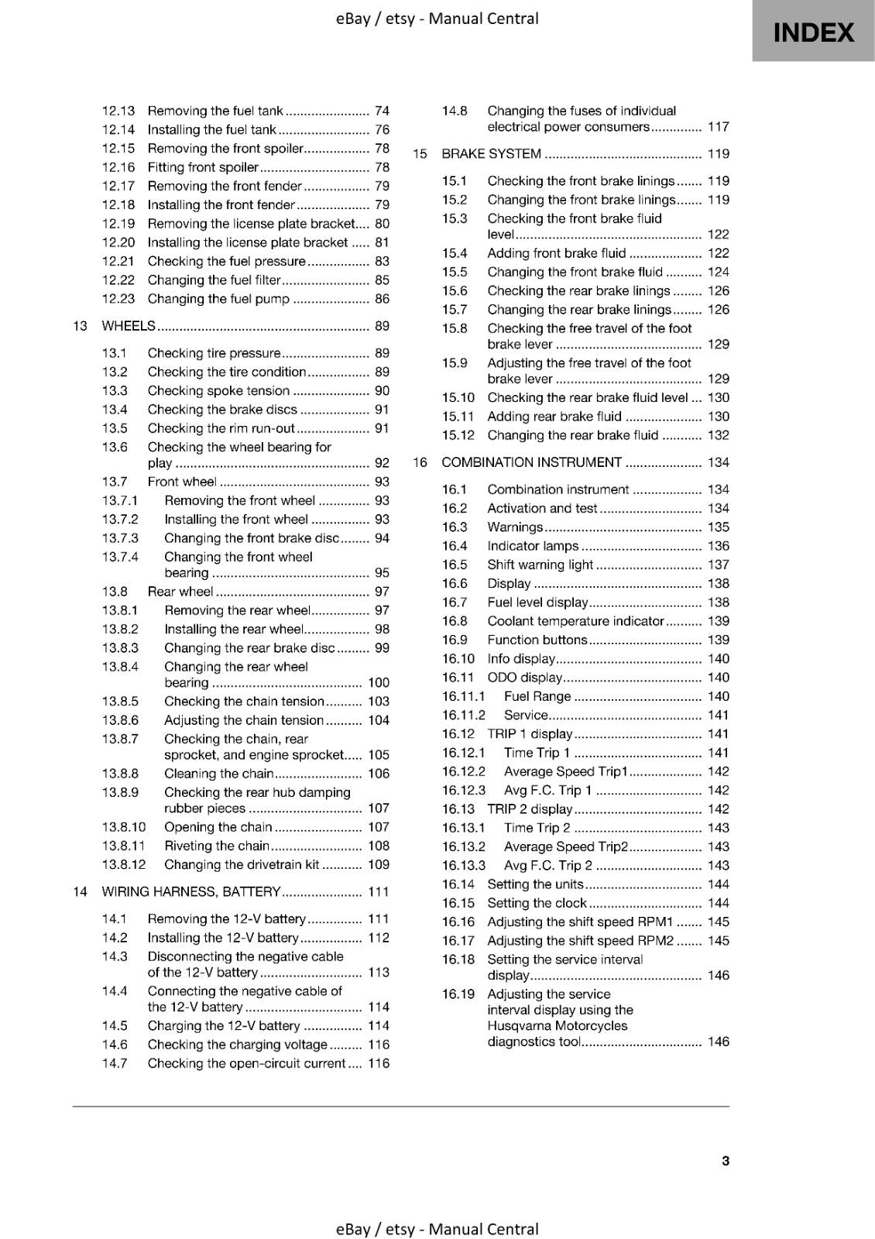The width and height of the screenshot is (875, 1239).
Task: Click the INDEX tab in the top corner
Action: pyautogui.click(x=813, y=32)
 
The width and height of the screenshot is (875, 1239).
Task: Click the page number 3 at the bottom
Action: pyautogui.click(x=725, y=1160)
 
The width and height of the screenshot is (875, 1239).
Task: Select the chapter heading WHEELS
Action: pyautogui.click(x=129, y=326)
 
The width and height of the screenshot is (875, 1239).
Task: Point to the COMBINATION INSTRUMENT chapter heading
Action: pyautogui.click(x=531, y=462)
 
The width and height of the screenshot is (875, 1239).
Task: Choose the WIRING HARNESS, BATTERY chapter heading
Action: pyautogui.click(x=190, y=892)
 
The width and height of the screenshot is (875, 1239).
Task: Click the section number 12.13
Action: pyautogui.click(x=118, y=111)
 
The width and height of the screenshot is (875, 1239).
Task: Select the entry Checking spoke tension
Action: pyautogui.click(x=218, y=391)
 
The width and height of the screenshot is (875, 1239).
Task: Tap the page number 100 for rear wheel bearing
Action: pyautogui.click(x=378, y=682)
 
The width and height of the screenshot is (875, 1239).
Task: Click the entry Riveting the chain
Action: pyautogui.click(x=217, y=846)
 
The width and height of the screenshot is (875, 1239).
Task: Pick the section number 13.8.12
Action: pyautogui.click(x=123, y=864)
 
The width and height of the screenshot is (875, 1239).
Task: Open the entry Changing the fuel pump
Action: pyautogui.click(x=218, y=299)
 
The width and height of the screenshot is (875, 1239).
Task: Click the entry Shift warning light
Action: pyautogui.click(x=540, y=565)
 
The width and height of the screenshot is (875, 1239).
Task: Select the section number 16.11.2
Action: pyautogui.click(x=463, y=715)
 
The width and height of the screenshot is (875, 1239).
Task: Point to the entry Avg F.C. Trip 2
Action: pyautogui.click(x=547, y=865)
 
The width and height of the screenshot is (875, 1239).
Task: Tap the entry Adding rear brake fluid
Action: pyautogui.click(x=554, y=416)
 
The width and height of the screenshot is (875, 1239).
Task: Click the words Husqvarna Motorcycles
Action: pyautogui.click(x=557, y=1025)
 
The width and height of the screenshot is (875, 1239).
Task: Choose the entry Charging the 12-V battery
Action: pyautogui.click(x=223, y=1025)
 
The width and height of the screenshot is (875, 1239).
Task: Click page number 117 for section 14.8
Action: pyautogui.click(x=718, y=127)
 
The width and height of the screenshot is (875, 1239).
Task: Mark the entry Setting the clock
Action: pyautogui.click(x=537, y=903)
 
